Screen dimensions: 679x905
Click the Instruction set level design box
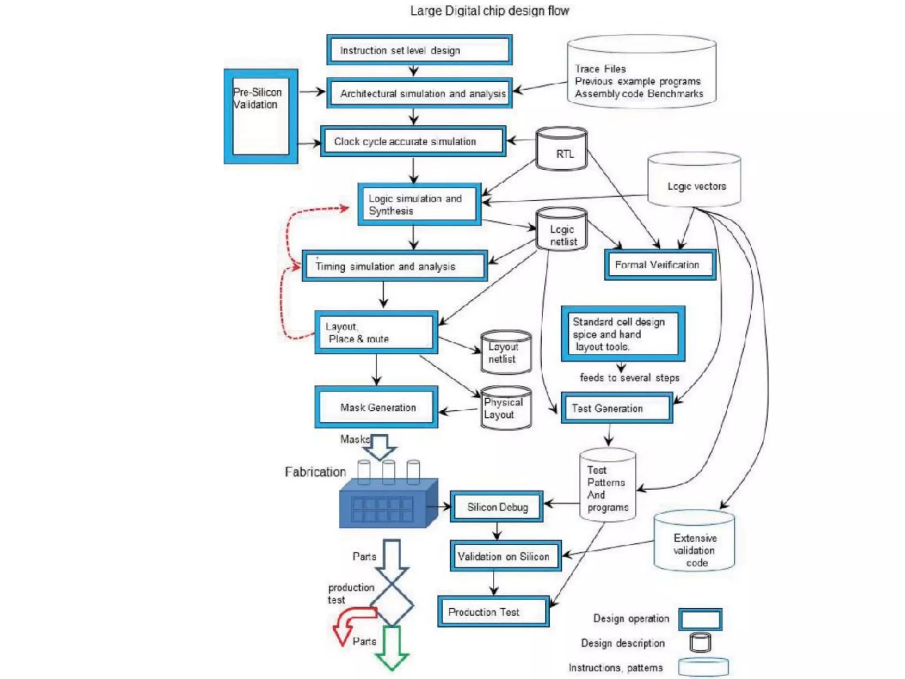tap(419, 50)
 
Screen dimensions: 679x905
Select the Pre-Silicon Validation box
tap(261, 116)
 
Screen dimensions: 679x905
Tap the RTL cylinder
tap(562, 149)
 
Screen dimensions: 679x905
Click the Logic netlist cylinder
tap(562, 229)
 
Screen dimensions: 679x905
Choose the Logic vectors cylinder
tap(694, 180)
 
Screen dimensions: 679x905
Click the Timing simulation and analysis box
tap(395, 266)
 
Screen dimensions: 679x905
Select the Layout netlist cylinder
tap(506, 352)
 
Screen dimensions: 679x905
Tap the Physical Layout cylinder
tap(506, 408)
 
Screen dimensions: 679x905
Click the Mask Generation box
tap(376, 407)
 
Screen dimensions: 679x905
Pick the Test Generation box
tap(617, 408)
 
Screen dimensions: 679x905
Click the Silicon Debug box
tap(497, 507)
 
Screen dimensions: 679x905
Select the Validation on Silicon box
tap(506, 556)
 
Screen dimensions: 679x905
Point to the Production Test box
tap(493, 612)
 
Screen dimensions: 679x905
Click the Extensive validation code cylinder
tap(694, 541)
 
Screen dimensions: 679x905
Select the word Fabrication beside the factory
tap(315, 472)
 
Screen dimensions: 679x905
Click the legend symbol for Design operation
tap(700, 619)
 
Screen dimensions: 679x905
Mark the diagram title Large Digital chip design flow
tap(490, 11)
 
